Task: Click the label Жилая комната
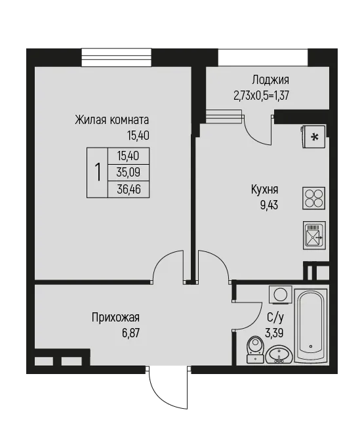coord(111,120)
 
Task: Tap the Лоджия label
coord(270,80)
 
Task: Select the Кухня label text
coord(264,190)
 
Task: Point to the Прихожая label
coord(115,318)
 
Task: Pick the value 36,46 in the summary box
coord(129,190)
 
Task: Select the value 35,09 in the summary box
coord(129,173)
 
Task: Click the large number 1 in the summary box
coord(98,173)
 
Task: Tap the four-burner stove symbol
coord(314,198)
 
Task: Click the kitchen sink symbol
coord(314,235)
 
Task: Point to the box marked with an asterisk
coord(313,136)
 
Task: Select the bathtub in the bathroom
coord(311,325)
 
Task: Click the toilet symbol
coord(255,349)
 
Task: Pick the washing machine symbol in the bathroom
coord(280,294)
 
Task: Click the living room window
coord(116,57)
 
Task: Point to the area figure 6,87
coord(130,333)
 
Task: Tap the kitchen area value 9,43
coord(269,205)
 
